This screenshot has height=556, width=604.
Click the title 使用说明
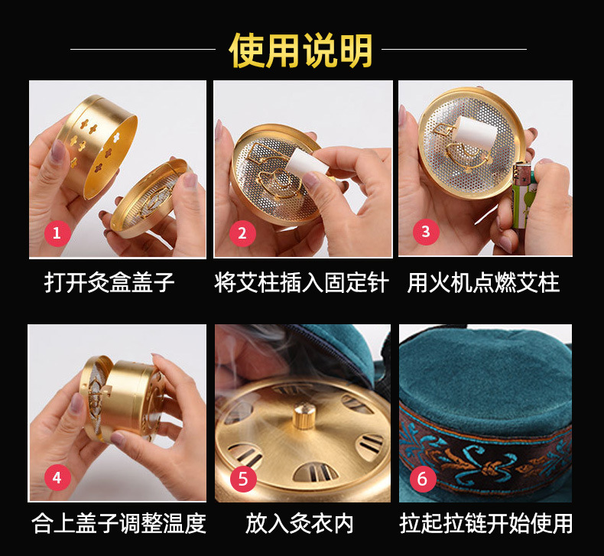point(301,50)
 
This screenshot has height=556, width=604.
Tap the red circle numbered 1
point(57,232)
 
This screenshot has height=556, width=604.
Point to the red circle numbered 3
point(426,232)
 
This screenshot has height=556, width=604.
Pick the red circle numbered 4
point(57,478)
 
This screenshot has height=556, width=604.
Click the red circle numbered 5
point(243,480)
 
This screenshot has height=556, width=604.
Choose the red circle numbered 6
point(422,480)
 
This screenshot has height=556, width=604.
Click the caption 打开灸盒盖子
point(109,283)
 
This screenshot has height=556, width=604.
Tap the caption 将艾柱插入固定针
point(301,283)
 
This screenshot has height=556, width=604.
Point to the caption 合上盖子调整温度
point(119,524)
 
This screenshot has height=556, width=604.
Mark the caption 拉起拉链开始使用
point(485,524)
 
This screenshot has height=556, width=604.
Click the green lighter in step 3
point(524,203)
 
